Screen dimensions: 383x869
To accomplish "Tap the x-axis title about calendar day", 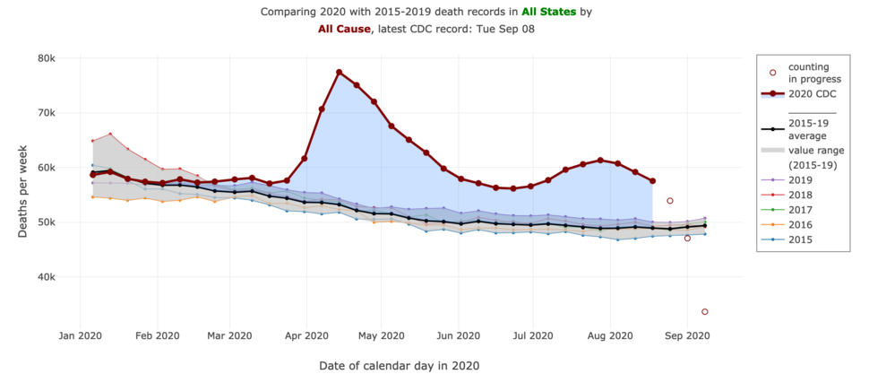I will click(x=399, y=366).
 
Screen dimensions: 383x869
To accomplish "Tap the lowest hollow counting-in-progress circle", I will click(x=705, y=311).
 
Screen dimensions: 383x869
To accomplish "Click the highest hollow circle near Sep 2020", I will click(x=670, y=201).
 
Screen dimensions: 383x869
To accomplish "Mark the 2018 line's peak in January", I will click(x=110, y=135).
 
